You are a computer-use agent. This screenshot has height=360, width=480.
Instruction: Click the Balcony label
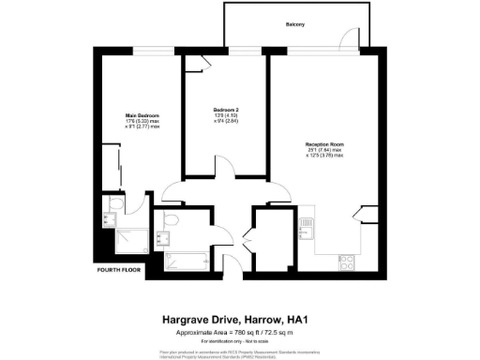coord(295,22)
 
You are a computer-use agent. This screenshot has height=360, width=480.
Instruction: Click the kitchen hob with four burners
coord(345,260)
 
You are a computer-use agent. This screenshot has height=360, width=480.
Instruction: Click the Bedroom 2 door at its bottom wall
coord(172,191)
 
